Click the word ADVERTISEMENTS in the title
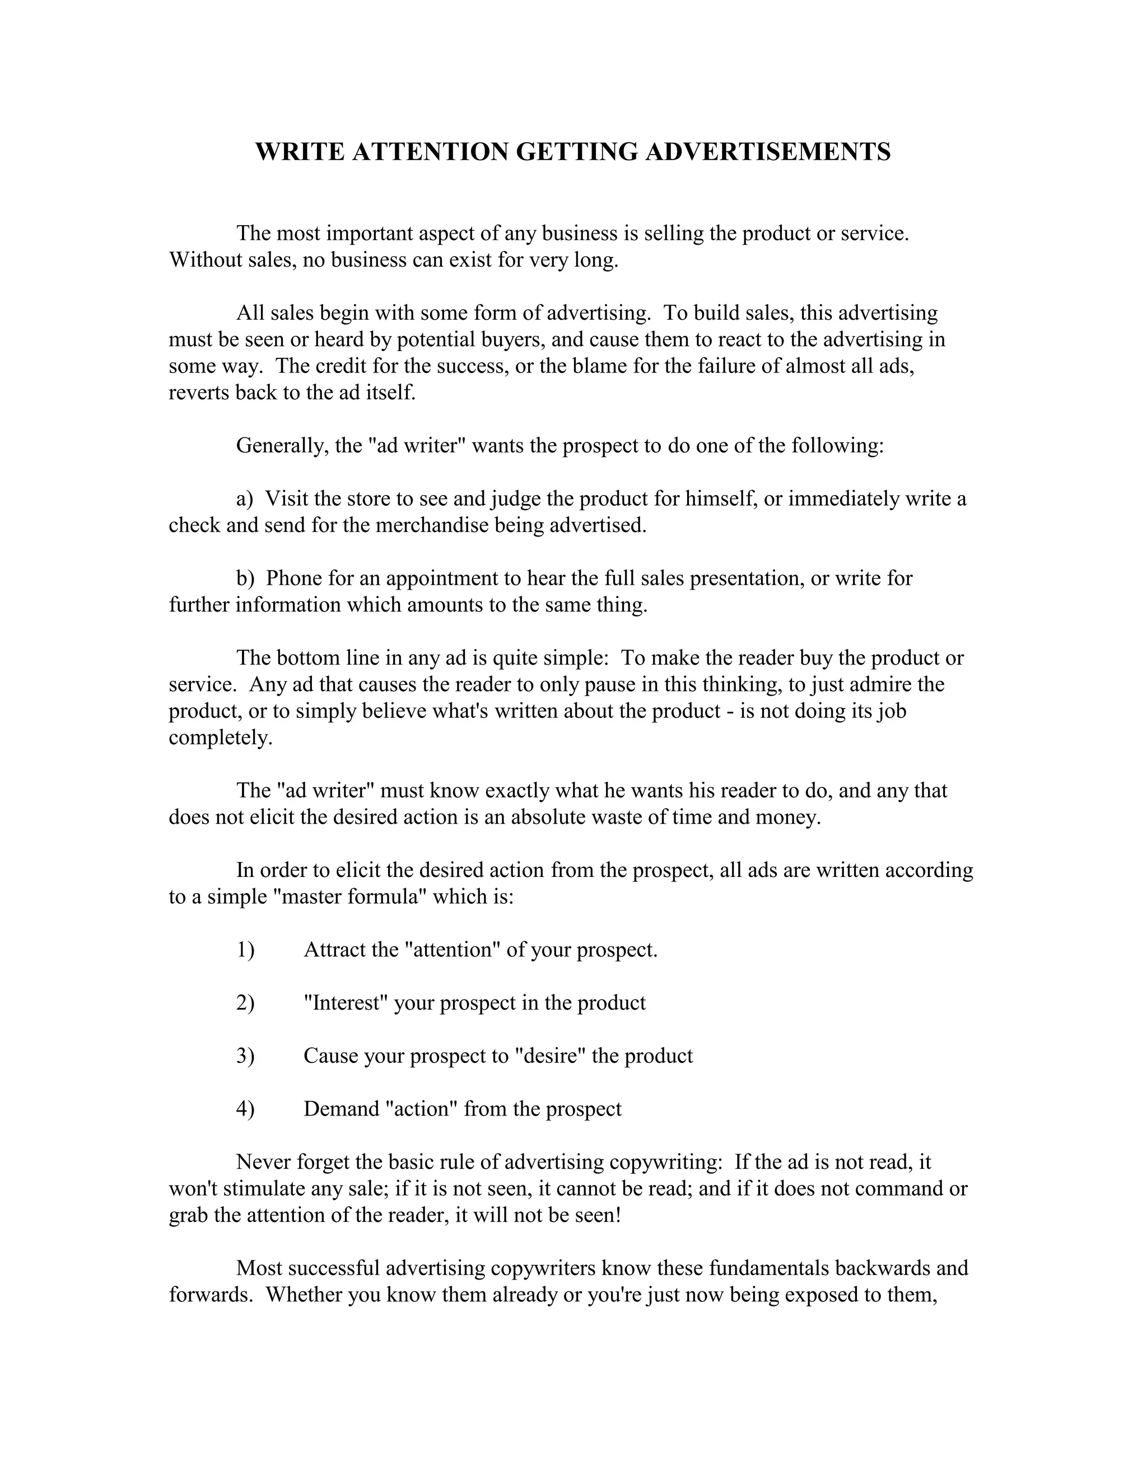tap(767, 152)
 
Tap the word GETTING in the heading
tap(577, 152)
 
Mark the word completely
tap(220, 738)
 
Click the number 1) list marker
tap(245, 950)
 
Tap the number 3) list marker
tap(245, 1056)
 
